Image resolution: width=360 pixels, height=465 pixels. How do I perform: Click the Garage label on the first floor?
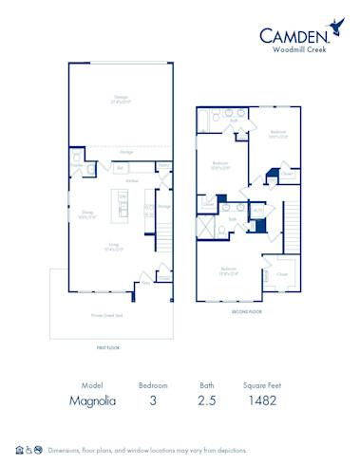click(x=121, y=97)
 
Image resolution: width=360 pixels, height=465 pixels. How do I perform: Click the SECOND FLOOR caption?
click(x=246, y=310)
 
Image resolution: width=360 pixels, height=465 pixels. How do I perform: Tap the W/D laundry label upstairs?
click(x=258, y=211)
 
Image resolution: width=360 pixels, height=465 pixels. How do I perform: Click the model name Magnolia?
click(x=92, y=401)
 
